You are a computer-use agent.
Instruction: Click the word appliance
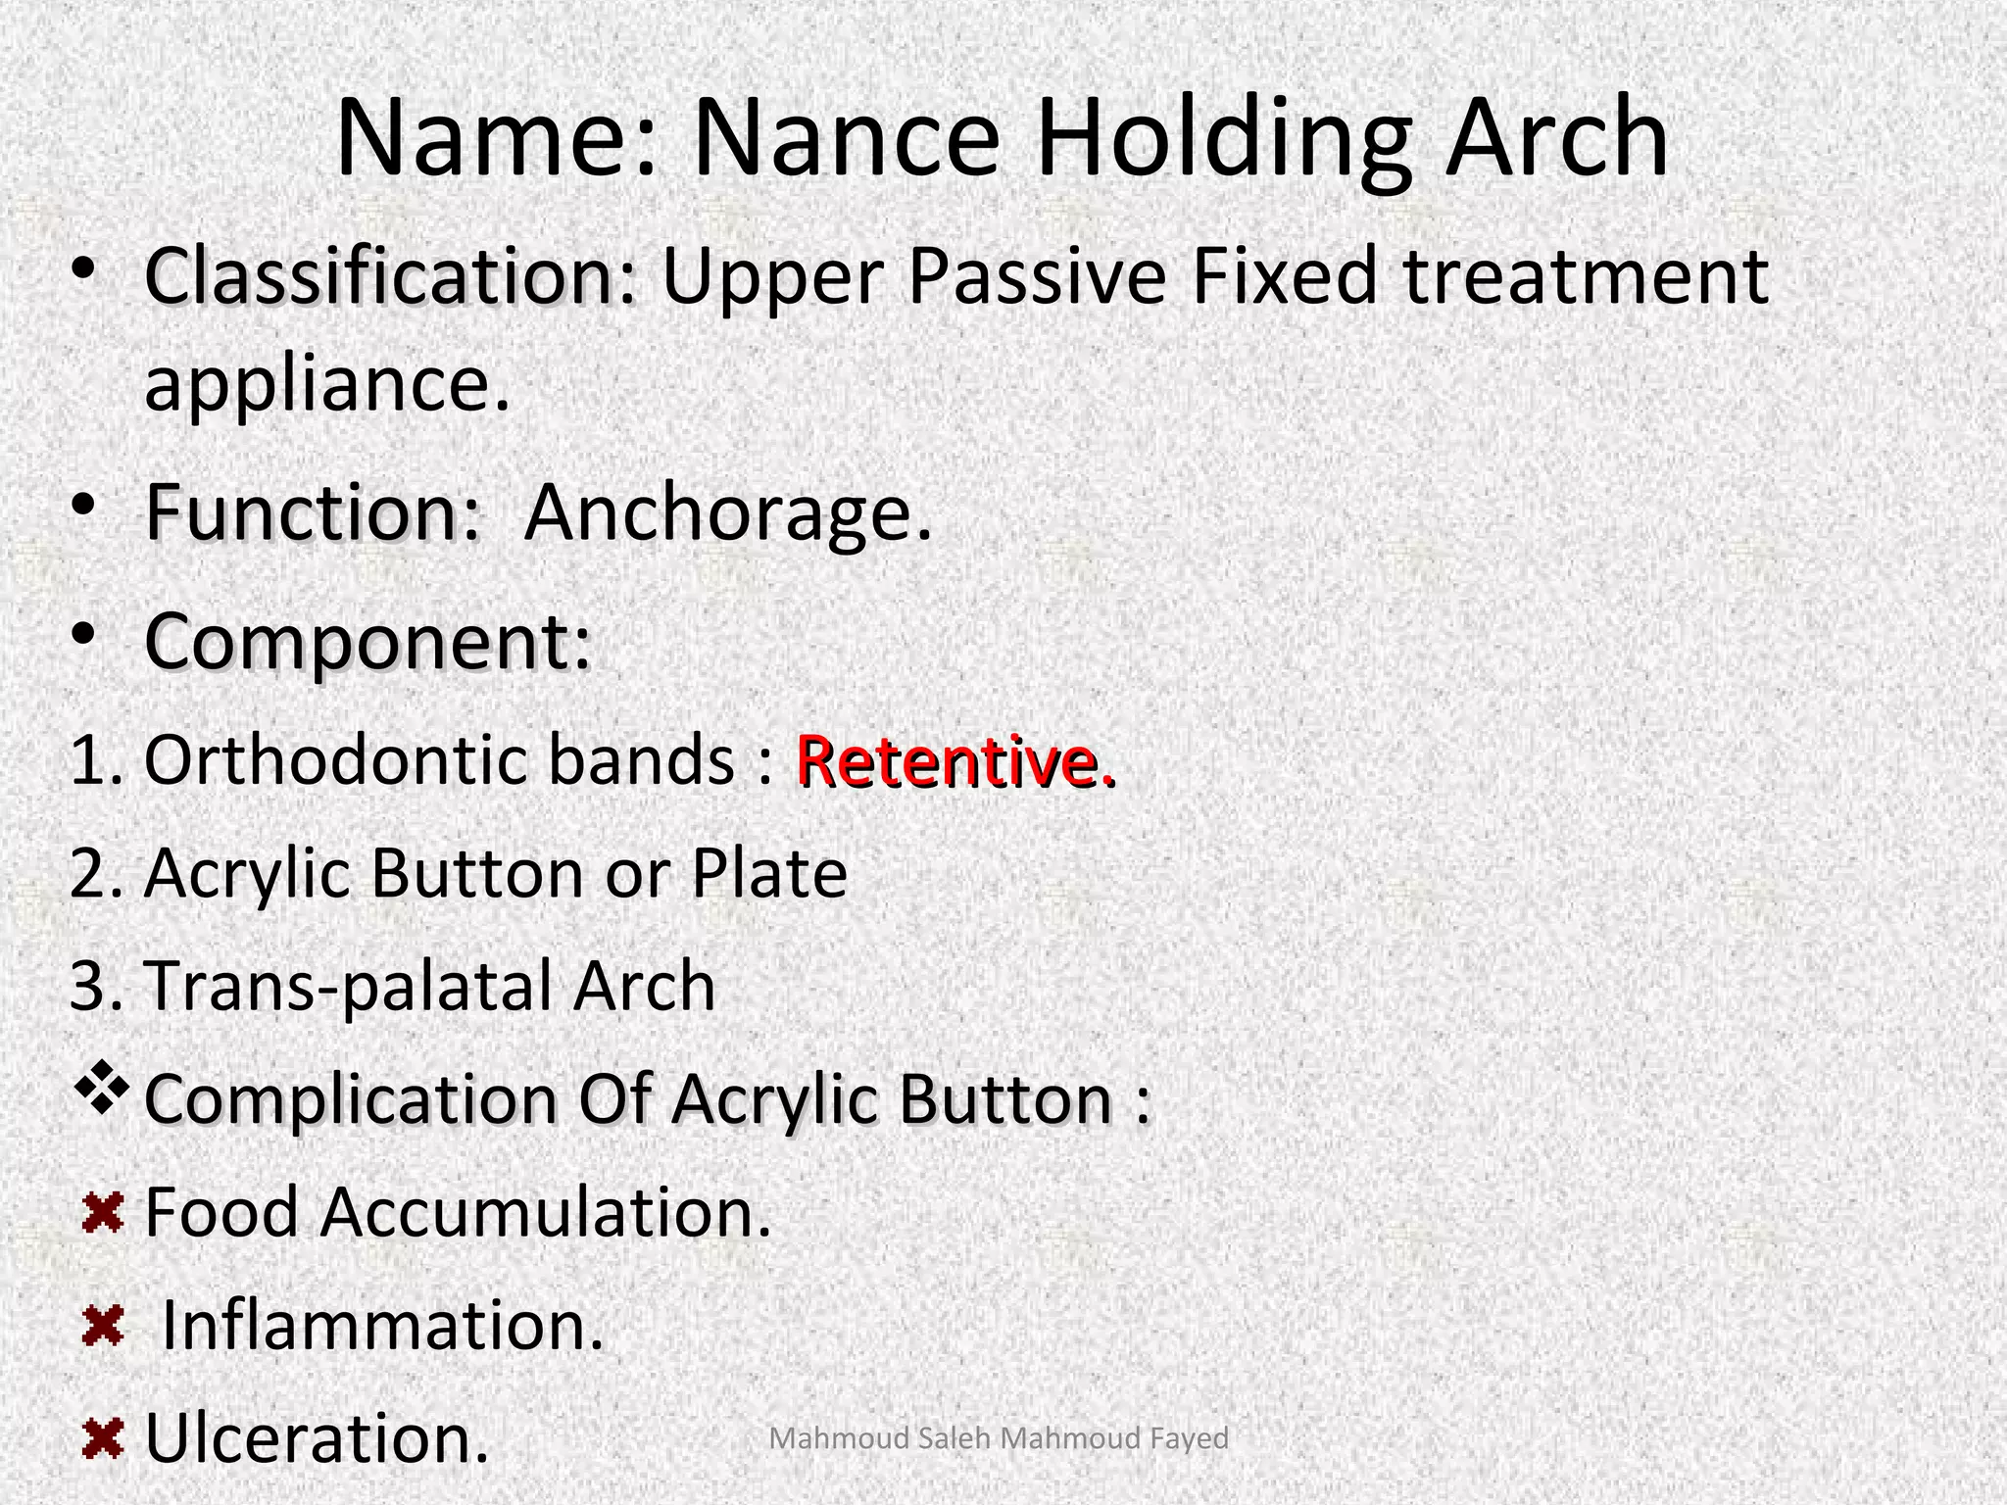coord(327,384)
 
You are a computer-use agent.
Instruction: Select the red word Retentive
coord(955,760)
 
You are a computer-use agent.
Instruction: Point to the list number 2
coord(91,873)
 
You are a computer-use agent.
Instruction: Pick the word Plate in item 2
coord(769,873)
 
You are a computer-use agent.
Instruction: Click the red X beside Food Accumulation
coord(102,1214)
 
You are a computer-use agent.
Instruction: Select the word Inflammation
coord(382,1325)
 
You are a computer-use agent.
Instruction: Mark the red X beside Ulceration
coord(103,1439)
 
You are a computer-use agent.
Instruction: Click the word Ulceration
coord(317,1438)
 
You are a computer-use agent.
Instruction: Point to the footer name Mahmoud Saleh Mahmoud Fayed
coord(999,1438)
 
